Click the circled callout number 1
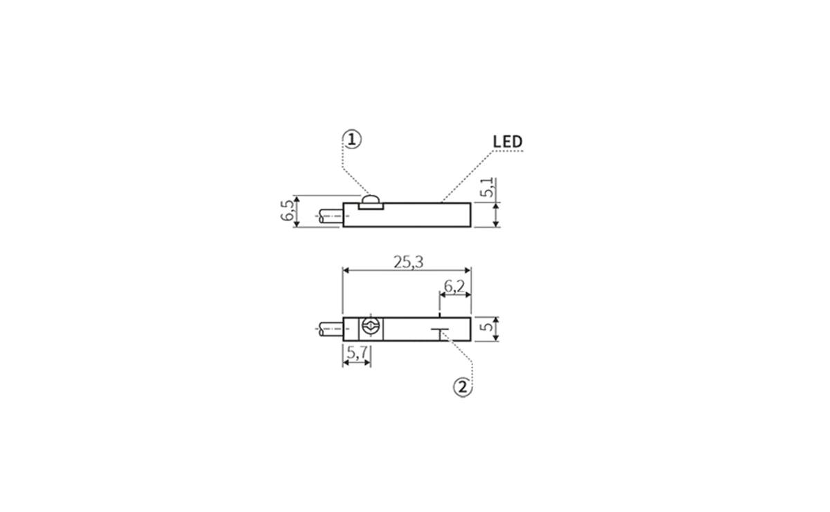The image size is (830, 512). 352,140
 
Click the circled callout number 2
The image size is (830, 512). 463,388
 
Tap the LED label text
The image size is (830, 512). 508,142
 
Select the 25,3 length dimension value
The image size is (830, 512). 408,262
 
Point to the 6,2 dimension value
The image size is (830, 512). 454,286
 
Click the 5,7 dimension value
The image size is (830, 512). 357,353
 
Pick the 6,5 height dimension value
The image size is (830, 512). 287,211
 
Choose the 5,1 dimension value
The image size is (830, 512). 487,188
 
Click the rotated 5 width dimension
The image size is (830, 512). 488,327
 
